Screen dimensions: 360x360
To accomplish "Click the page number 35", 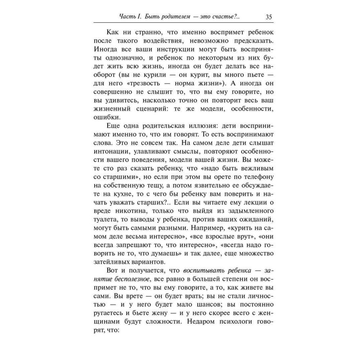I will tap(268, 17).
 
